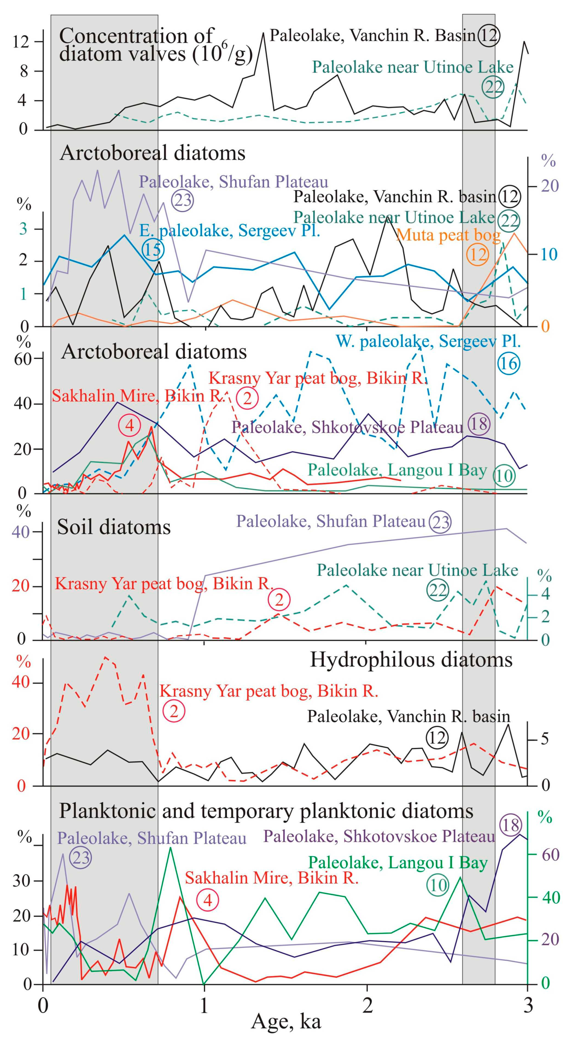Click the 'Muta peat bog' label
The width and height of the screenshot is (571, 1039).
coord(448,235)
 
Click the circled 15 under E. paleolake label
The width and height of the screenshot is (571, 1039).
coord(153,250)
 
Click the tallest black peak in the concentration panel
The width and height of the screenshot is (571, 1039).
coord(263,33)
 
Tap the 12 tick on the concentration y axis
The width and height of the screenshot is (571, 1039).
coord(21,42)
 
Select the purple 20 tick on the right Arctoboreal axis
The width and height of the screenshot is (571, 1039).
coord(550,186)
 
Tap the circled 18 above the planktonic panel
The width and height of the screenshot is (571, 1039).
coord(511,825)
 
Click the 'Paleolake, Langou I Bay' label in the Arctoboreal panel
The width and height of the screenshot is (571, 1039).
coord(397,470)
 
